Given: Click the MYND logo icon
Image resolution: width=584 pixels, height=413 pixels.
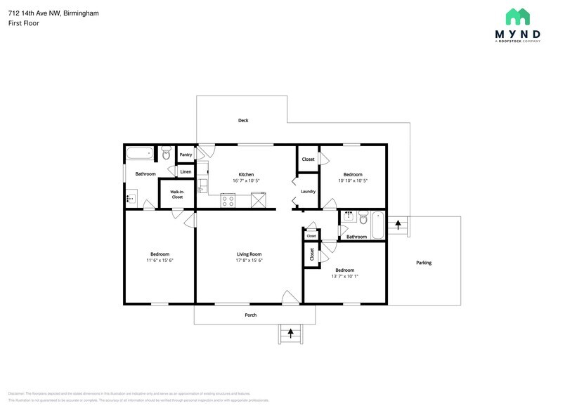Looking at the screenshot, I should [518, 17].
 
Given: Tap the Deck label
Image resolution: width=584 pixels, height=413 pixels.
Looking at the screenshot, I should [243, 121].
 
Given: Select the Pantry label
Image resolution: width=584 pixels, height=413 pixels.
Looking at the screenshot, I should [186, 155].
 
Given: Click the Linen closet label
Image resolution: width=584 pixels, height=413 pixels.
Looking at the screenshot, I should [186, 171].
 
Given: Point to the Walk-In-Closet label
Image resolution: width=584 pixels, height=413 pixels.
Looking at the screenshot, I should [177, 195].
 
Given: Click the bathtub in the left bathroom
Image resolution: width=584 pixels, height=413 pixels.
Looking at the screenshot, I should [140, 152].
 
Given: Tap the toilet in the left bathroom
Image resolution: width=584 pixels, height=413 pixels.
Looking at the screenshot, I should [166, 152].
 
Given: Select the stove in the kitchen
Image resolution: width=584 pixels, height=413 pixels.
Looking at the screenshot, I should [228, 200].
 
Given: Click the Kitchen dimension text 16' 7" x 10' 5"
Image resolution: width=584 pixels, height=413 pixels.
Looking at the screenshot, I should [246, 181].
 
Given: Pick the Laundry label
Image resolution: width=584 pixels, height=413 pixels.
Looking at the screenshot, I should [308, 191].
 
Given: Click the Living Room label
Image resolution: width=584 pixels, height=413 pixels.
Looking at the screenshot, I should [249, 254].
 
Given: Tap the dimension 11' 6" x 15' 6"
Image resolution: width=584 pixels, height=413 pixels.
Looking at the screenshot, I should [160, 261].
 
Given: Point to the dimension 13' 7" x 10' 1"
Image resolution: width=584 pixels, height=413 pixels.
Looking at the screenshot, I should [344, 276].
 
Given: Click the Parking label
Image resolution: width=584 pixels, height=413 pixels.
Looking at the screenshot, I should [424, 263].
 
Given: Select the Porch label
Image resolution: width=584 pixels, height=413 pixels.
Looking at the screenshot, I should [250, 315].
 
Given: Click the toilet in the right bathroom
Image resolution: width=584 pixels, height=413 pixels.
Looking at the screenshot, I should [363, 219].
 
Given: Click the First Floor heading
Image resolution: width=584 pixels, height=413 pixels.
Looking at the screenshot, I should [23, 23].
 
